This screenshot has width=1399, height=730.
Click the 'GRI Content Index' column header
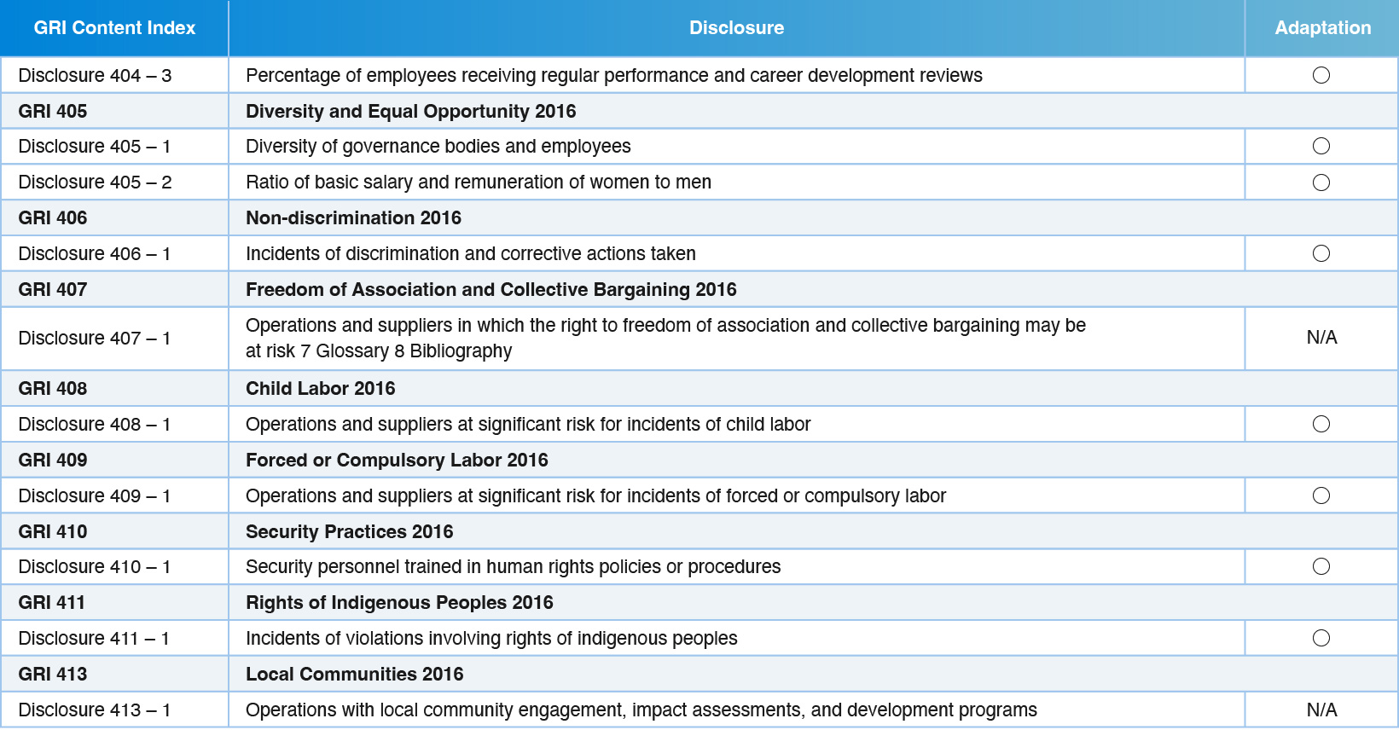(x=114, y=28)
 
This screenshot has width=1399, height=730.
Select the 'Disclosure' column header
(x=736, y=28)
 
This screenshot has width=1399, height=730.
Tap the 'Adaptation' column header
(x=1323, y=28)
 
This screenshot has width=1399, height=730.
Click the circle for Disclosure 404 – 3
(x=1321, y=76)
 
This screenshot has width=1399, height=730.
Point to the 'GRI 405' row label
(x=53, y=111)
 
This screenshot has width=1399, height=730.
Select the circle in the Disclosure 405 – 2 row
(x=1321, y=182)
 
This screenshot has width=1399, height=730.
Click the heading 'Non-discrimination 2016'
(x=353, y=218)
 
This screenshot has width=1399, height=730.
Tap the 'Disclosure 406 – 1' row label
(x=95, y=253)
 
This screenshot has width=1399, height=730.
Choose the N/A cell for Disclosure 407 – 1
(x=1321, y=338)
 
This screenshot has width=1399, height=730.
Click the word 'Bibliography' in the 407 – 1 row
(x=461, y=351)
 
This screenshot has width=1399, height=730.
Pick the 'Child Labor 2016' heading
(x=321, y=388)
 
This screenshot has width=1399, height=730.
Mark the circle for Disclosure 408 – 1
(x=1321, y=424)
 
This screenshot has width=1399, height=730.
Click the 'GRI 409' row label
(x=53, y=461)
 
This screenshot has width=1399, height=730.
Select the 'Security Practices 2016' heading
(x=349, y=531)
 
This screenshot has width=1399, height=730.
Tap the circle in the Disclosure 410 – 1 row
(x=1321, y=566)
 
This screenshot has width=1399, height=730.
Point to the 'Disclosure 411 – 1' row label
(x=94, y=638)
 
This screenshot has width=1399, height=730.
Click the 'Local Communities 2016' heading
(x=354, y=675)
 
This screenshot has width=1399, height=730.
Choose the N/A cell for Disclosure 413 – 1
(x=1321, y=710)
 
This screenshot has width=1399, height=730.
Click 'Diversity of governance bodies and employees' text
(x=438, y=146)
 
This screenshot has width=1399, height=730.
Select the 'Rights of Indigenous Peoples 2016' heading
(x=399, y=603)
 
